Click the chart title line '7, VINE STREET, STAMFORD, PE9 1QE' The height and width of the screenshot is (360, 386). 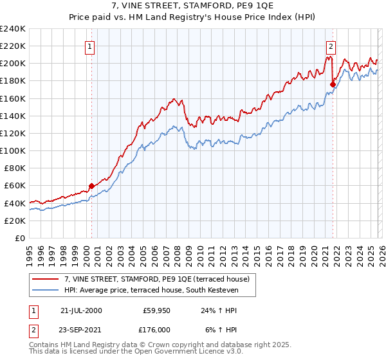[193, 6]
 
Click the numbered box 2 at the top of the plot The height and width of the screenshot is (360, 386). [331, 46]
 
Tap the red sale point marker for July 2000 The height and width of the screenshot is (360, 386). [91, 186]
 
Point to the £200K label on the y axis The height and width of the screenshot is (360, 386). [13, 64]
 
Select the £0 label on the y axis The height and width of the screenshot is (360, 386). [19, 238]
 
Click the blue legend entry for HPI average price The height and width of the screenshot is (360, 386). [151, 291]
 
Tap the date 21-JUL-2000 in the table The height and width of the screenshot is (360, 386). [81, 310]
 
